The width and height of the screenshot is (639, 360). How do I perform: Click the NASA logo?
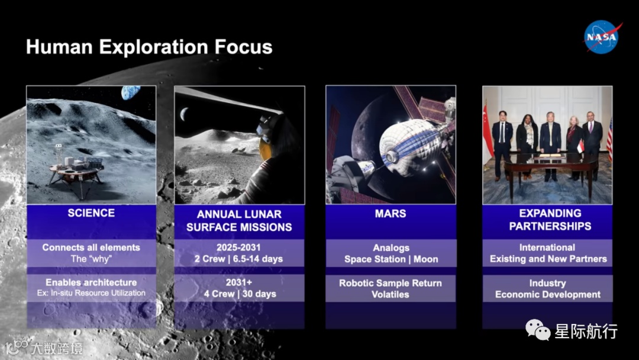pos(602,37)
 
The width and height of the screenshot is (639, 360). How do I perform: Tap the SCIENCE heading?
pos(91,213)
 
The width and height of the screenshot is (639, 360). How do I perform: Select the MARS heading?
pos(390,213)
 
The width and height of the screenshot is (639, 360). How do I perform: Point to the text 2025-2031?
pos(238,247)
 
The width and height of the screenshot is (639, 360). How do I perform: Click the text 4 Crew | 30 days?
pos(240,294)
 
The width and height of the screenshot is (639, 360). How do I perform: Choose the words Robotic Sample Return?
pos(390,283)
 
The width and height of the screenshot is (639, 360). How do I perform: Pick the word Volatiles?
pos(390,294)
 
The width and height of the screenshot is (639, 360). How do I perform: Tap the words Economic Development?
pos(548,294)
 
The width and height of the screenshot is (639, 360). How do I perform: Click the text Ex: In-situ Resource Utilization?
pos(91,292)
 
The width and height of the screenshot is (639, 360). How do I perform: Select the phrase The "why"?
pos(91,259)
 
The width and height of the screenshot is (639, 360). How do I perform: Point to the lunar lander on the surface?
pos(76,172)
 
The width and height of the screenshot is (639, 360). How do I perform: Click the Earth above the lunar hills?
pos(130,92)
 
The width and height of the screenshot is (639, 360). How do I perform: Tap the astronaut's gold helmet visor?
pos(265,149)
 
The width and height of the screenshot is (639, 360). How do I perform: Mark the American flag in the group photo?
pos(609,139)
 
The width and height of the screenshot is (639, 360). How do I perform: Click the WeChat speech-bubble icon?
pos(538,329)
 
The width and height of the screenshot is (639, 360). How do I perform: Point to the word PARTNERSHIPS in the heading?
pos(550,226)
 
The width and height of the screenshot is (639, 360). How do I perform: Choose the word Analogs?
pos(391,248)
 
